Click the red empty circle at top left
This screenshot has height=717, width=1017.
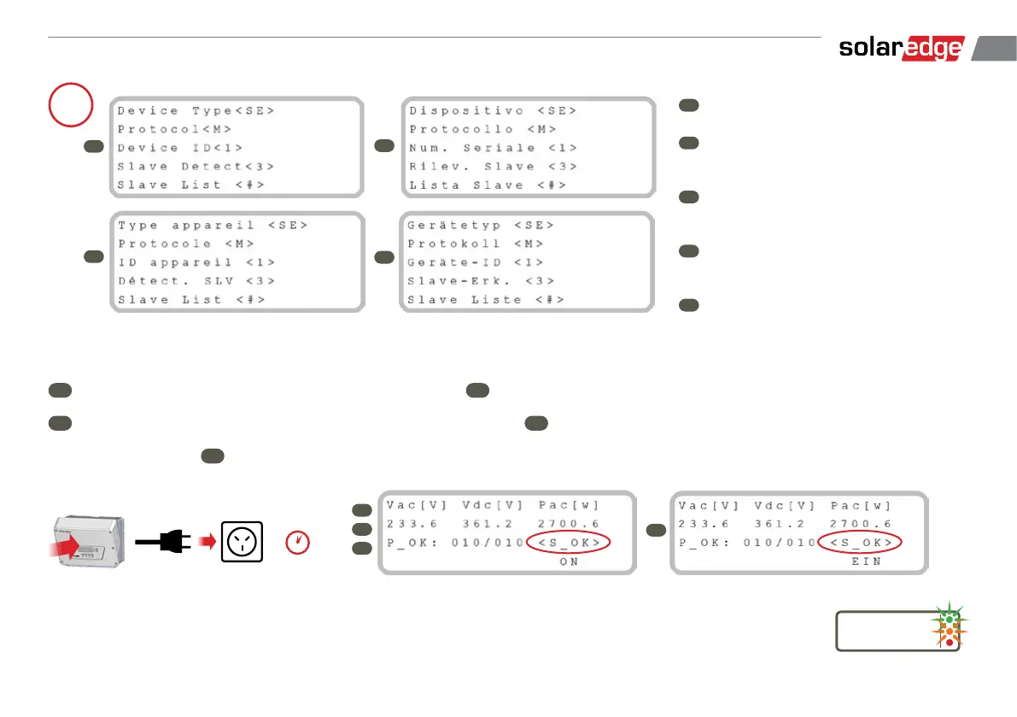click(x=71, y=103)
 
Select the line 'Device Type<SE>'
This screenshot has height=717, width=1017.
click(x=196, y=111)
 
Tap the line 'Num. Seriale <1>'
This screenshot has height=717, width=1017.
click(x=493, y=148)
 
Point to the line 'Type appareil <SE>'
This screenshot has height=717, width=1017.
click(x=213, y=226)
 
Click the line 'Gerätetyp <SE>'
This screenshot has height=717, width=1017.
click(x=480, y=226)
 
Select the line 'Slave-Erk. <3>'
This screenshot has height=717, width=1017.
click(x=480, y=281)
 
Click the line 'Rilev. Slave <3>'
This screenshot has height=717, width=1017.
click(x=493, y=167)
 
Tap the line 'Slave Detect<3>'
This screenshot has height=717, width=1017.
click(x=196, y=167)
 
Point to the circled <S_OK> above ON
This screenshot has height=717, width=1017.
click(x=570, y=543)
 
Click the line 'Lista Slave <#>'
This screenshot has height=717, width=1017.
click(x=487, y=185)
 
